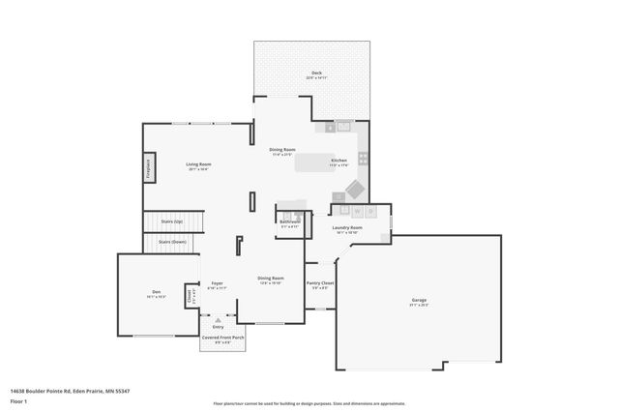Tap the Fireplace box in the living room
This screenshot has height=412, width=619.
(x=149, y=166)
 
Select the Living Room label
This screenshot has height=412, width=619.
(x=198, y=163)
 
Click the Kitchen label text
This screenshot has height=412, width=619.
(x=339, y=160)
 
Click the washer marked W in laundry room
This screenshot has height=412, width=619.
(x=356, y=210)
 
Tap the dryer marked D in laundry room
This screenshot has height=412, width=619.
(x=370, y=210)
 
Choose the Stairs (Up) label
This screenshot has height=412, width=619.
(x=172, y=221)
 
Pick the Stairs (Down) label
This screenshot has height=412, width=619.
(x=172, y=241)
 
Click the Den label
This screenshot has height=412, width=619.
(x=155, y=292)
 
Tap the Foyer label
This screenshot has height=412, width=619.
(x=218, y=283)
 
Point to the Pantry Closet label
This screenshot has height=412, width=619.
(x=319, y=283)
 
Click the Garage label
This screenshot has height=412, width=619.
(x=419, y=300)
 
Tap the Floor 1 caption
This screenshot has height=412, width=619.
(x=17, y=399)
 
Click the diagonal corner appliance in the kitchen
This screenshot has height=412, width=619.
(x=356, y=188)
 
